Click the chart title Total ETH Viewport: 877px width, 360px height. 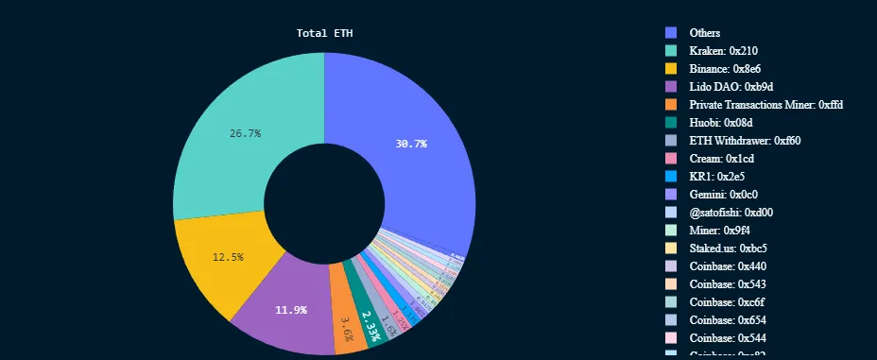324,33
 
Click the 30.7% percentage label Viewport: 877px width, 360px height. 410,144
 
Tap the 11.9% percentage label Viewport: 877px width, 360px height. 290,310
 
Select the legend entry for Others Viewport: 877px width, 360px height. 704,32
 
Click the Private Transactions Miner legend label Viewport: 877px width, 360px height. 765,104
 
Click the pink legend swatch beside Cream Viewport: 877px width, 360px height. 671,158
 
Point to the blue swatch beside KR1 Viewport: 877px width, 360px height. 671,176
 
